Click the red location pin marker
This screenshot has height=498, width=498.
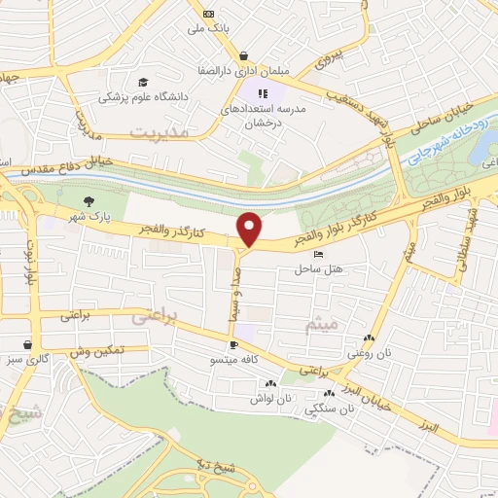coord(250,230)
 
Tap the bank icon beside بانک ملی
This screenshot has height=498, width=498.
coord(208,14)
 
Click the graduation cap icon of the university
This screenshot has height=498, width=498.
coord(144,82)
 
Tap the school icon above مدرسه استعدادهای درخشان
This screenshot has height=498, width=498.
coord(261,93)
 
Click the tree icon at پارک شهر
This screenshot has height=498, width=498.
coord(89,200)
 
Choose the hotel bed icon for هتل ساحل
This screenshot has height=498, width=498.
coord(319,254)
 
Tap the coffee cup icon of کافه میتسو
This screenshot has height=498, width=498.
coord(233,344)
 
